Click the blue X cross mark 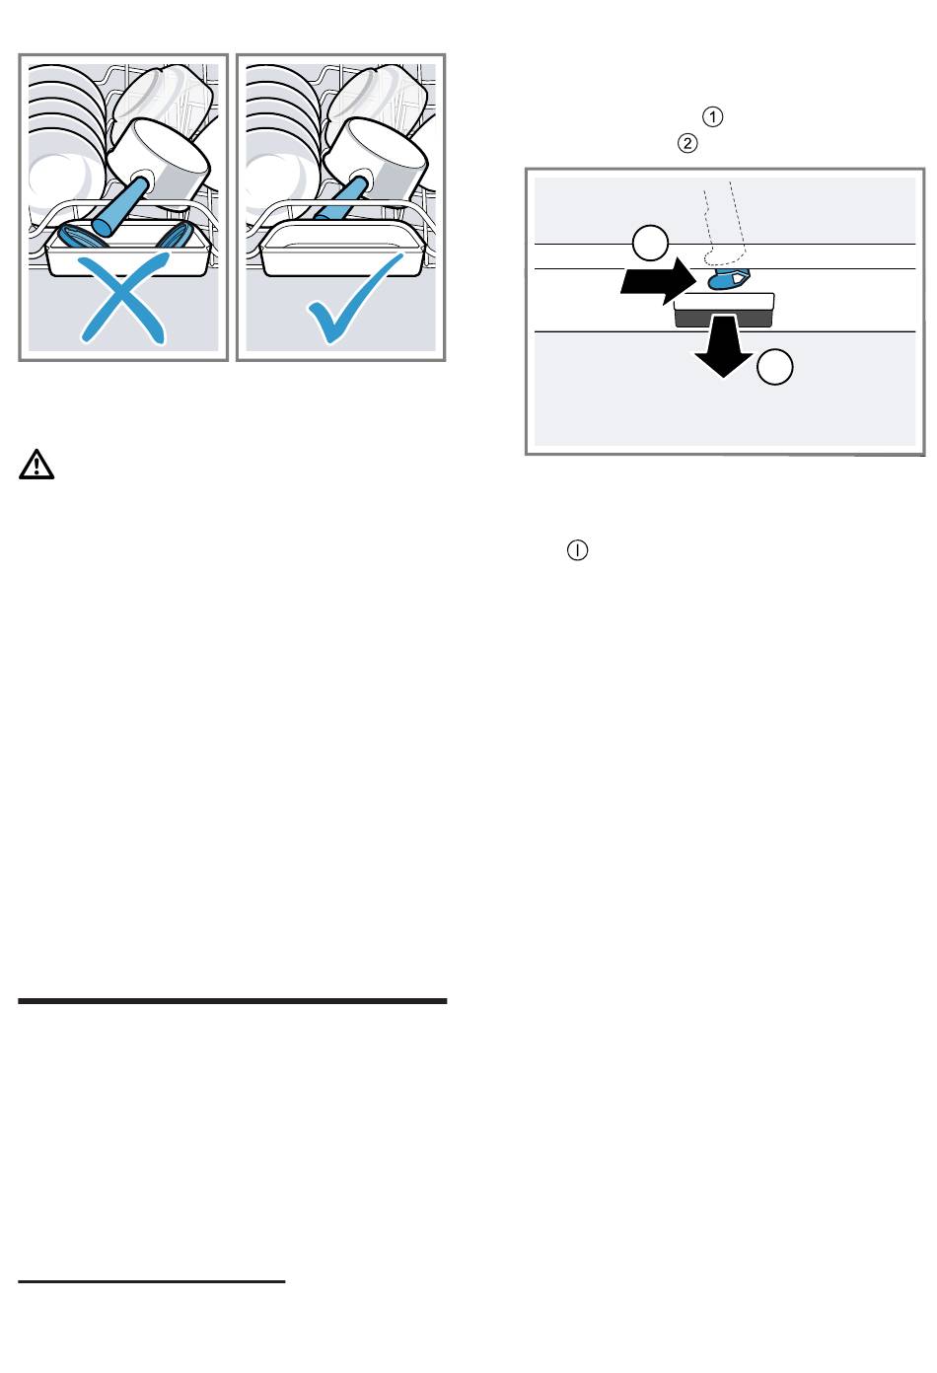point(122,300)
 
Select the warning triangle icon point(36,465)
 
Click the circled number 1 point(712,116)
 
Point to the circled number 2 point(687,143)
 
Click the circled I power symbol point(577,549)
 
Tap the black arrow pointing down point(724,346)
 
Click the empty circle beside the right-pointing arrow point(650,244)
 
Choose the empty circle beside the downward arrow point(775,367)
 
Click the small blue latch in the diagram point(729,279)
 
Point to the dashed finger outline point(724,223)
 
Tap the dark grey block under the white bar point(723,319)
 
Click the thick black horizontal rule point(232,1001)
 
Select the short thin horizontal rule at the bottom point(151,1281)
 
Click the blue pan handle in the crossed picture point(119,206)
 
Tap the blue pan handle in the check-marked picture point(344,197)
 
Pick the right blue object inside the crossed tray point(176,236)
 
